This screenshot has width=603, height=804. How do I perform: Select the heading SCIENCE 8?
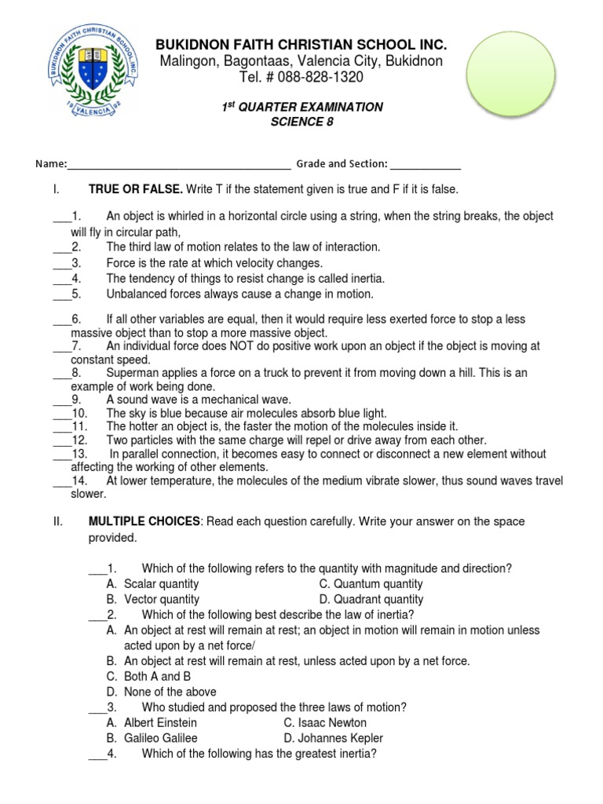(301, 122)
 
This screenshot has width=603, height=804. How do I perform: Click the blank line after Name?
(179, 164)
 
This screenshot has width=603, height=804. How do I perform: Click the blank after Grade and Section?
(426, 164)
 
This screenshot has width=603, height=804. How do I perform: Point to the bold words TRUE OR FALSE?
(136, 190)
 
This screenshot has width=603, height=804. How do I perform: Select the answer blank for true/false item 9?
(61, 400)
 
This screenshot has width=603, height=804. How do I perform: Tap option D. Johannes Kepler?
(333, 738)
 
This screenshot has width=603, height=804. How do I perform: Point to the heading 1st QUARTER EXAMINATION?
(301, 107)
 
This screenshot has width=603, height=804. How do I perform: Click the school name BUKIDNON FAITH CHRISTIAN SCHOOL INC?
(301, 44)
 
